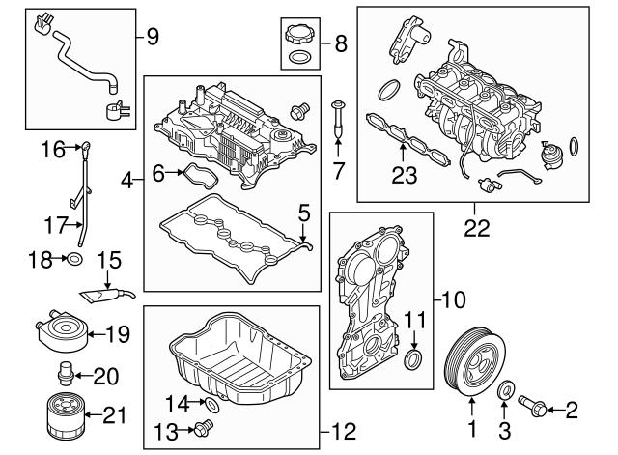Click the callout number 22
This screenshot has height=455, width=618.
pyautogui.click(x=475, y=230)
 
